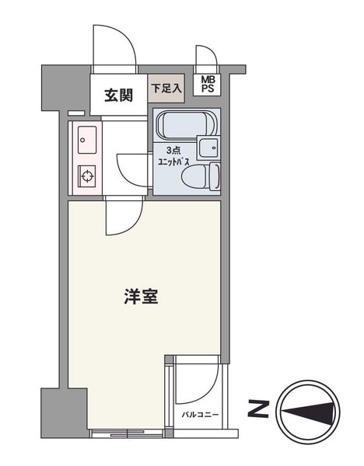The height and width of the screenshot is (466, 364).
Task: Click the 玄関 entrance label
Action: click(118, 96)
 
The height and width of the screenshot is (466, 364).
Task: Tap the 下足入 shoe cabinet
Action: click(166, 89)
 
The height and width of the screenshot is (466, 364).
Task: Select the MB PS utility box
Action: click(207, 84)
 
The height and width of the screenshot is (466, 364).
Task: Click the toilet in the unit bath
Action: click(200, 176)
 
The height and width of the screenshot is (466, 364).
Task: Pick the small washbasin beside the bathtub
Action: click(209, 148)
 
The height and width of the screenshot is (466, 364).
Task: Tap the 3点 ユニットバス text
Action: click(173, 156)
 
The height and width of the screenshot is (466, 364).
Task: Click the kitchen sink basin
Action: click(87, 140)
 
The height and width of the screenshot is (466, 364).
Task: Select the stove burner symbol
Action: click(87, 176)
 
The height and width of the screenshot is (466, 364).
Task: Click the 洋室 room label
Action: click(141, 297)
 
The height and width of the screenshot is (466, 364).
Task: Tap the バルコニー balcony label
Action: click(200, 415)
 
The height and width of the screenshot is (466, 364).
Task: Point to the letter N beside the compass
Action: click(258, 409)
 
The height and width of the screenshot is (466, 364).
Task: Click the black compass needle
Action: click(307, 412)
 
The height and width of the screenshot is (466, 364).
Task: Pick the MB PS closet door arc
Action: click(212, 51)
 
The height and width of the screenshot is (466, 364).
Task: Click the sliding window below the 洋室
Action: click(128, 433)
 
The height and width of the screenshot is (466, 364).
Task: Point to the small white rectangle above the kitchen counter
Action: click(76, 113)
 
